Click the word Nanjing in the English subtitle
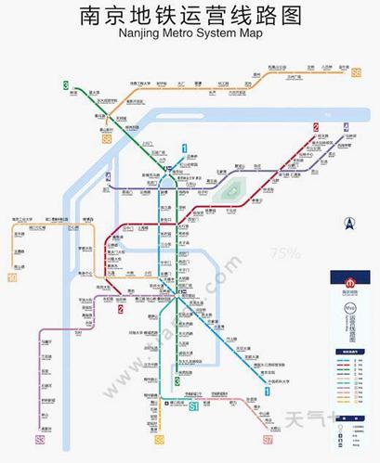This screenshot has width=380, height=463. point(138,34)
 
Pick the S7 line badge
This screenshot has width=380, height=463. point(268,439)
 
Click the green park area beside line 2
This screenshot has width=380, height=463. point(237,189)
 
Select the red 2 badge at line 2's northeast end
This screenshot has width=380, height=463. point(316,127)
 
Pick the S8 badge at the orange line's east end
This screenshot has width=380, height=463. point(355,71)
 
